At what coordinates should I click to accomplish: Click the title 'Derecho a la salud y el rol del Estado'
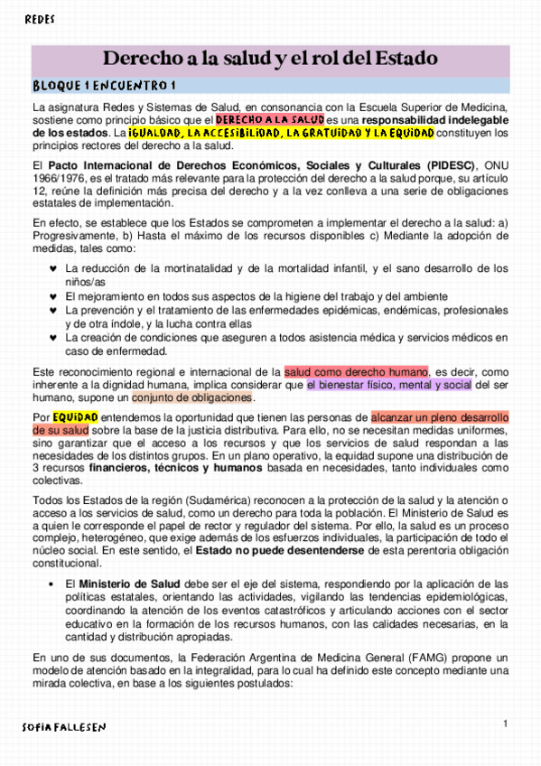(x=271, y=60)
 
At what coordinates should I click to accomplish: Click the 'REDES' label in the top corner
(x=39, y=19)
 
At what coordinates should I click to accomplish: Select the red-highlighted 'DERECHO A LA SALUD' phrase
(x=270, y=119)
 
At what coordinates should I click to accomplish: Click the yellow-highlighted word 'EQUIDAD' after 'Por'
(x=75, y=417)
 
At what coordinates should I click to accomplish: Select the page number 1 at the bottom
(x=506, y=724)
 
